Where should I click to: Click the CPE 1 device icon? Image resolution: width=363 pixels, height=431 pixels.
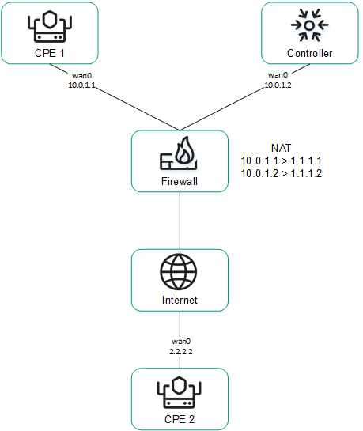click(49, 26)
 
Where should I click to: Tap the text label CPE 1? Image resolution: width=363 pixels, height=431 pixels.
click(49, 53)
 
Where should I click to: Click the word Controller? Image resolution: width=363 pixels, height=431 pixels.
click(309, 53)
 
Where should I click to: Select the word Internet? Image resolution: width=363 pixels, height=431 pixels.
click(179, 300)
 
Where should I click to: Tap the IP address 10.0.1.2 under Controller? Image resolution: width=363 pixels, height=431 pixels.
click(278, 83)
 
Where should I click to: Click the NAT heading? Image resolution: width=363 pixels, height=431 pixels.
click(281, 148)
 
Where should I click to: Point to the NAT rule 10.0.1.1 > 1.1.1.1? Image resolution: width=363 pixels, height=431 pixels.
click(281, 160)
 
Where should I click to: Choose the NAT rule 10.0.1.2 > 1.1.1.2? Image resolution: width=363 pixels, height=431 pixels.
click(281, 172)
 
